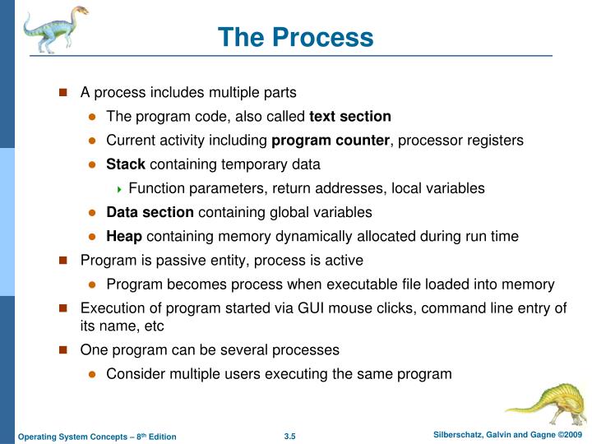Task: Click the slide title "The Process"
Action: pos(296,38)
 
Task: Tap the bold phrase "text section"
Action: pos(356,116)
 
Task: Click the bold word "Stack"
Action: pos(126,164)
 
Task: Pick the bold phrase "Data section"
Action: pos(150,212)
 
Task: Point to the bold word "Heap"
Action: pos(124,236)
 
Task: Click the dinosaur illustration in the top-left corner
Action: pos(53,29)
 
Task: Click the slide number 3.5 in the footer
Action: pos(289,436)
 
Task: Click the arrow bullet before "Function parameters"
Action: pos(120,188)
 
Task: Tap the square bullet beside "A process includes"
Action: pos(62,93)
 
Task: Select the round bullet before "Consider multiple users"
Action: pos(93,375)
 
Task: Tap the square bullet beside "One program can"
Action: pos(62,350)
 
